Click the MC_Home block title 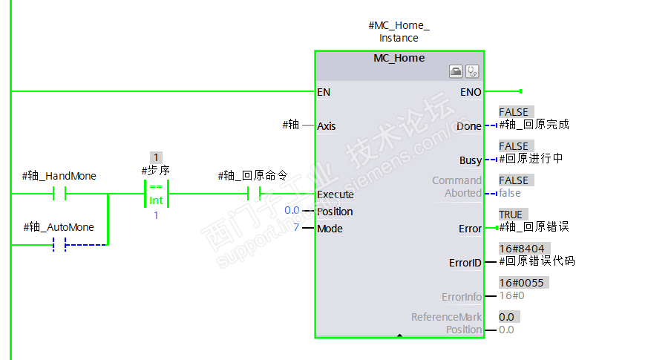click(x=399, y=58)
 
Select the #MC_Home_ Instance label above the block click(x=399, y=32)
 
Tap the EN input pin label click(x=324, y=92)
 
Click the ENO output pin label click(x=471, y=92)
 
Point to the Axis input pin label click(x=327, y=126)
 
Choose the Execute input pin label click(x=335, y=194)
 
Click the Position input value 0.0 click(x=292, y=211)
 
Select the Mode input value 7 click(x=296, y=228)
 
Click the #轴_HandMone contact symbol click(x=59, y=194)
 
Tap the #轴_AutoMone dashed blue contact click(x=59, y=244)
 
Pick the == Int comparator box click(x=156, y=194)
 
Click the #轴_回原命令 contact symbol click(x=252, y=194)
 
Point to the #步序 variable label click(x=156, y=171)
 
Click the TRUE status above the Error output click(x=511, y=215)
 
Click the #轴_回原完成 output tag click(x=534, y=125)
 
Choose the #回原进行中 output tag click(x=531, y=159)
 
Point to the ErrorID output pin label click(x=465, y=263)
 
